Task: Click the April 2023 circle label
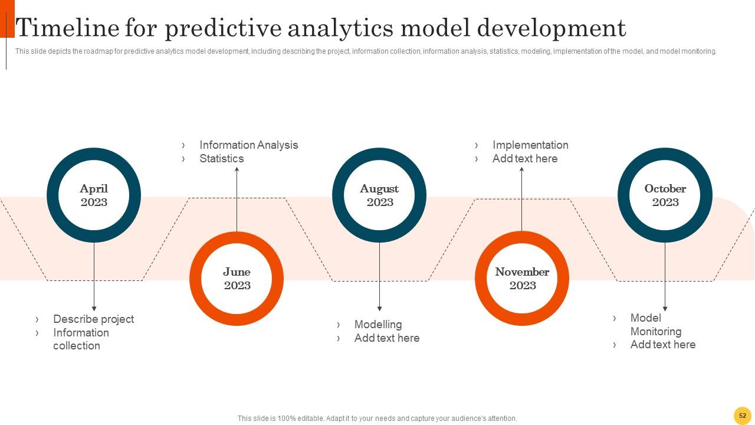click(x=94, y=195)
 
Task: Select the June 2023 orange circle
click(x=237, y=279)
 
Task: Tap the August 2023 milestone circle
click(x=379, y=195)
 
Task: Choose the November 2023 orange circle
click(x=522, y=279)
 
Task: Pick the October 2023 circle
click(x=665, y=195)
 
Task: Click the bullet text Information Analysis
click(x=248, y=145)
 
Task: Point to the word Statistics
click(x=221, y=159)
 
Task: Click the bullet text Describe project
click(x=93, y=319)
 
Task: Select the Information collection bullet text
click(x=81, y=339)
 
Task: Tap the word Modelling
click(x=377, y=325)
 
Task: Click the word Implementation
click(x=530, y=145)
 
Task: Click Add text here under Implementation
click(x=524, y=159)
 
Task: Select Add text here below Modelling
click(x=386, y=338)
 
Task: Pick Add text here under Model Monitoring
click(x=662, y=345)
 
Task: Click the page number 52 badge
click(x=742, y=416)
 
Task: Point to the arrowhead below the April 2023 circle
click(x=94, y=308)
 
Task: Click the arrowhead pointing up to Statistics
click(x=237, y=169)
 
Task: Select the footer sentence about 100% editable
click(x=377, y=419)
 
